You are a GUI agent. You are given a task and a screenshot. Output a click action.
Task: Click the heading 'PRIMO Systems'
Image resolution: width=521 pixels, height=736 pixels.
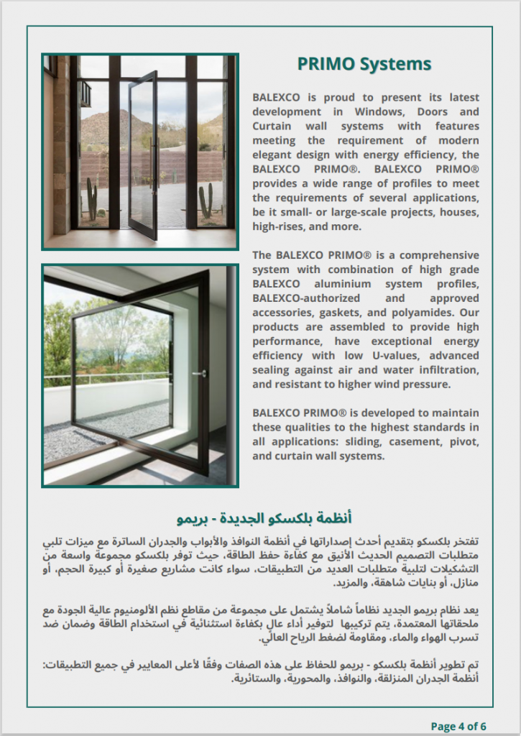(x=364, y=65)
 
